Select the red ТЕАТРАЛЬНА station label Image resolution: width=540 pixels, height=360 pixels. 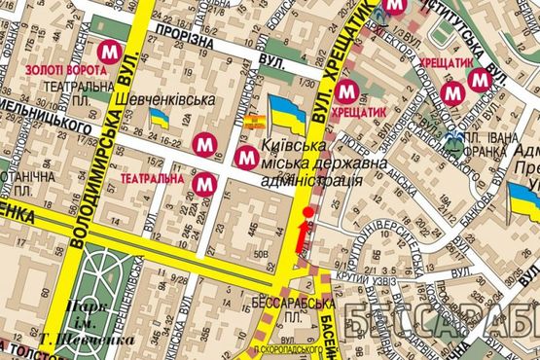(x=149, y=179)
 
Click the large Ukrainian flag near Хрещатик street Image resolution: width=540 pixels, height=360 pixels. (x=287, y=113)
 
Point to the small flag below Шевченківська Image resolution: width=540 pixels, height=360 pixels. (x=160, y=119)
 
